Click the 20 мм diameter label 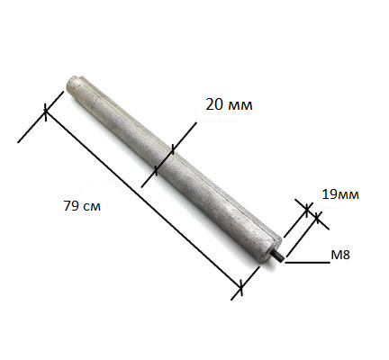229,105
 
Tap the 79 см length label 82,206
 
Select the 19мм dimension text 340,194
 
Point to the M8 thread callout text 340,255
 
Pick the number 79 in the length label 70,206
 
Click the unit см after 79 91,207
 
